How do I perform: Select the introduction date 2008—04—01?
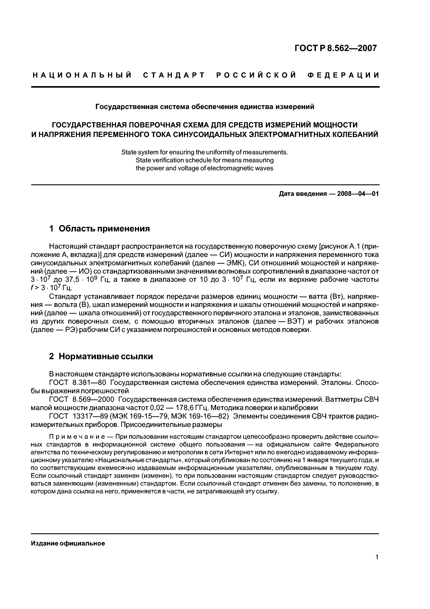point(358,194)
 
